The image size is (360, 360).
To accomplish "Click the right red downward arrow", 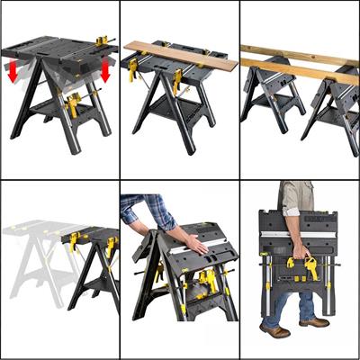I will pyautogui.click(x=104, y=71).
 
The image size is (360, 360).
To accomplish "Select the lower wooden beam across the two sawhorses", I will pyautogui.click(x=297, y=73).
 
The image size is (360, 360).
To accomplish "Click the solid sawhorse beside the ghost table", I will pyautogui.click(x=90, y=261).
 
